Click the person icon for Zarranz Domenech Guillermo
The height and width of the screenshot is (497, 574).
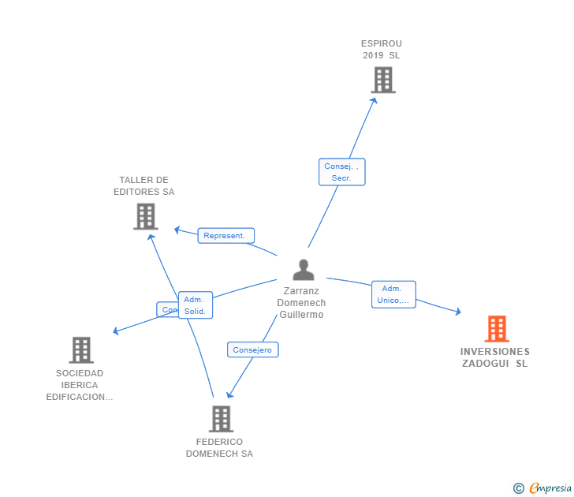click(304, 270)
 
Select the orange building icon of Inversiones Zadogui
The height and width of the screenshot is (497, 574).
click(496, 328)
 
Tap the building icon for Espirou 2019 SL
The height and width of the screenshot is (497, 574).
click(382, 80)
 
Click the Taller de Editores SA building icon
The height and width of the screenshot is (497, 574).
click(146, 216)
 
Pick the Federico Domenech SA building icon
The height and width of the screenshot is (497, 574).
click(221, 419)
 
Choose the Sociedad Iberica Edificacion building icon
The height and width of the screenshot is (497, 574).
click(81, 349)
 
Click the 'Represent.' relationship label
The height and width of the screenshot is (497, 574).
click(225, 235)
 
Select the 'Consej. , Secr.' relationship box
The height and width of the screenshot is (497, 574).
click(341, 172)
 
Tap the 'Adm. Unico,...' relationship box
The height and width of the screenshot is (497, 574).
click(393, 294)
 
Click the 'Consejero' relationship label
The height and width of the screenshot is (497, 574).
click(252, 349)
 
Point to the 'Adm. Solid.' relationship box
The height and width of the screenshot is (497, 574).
click(195, 305)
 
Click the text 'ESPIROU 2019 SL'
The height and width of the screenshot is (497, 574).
click(382, 50)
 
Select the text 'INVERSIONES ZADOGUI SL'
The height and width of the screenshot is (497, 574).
click(495, 358)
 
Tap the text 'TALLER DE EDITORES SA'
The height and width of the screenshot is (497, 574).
click(143, 186)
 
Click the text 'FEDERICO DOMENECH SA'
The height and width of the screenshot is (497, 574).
click(219, 448)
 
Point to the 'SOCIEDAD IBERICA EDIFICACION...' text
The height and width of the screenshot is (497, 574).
click(79, 385)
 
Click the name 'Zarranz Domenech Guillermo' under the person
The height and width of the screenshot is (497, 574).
click(301, 303)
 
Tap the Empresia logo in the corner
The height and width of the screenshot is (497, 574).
click(550, 488)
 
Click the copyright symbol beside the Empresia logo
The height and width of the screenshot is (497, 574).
click(518, 488)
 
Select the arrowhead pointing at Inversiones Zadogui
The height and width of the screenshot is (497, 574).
click(458, 312)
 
